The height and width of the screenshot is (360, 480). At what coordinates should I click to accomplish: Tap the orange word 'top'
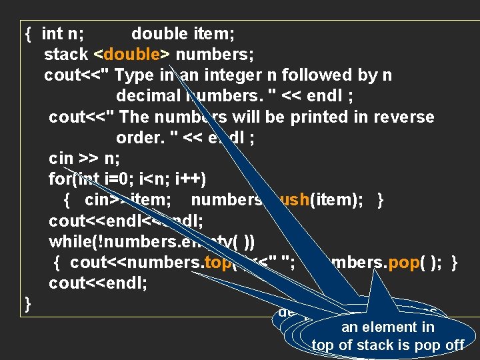pos(217,262)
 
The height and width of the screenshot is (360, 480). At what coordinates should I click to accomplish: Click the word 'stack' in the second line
pos(66,54)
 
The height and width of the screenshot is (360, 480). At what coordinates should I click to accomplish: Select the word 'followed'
pos(312,75)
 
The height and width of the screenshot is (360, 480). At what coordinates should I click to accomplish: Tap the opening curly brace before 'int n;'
pos(28,33)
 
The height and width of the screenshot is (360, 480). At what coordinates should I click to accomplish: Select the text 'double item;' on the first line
pos(182,33)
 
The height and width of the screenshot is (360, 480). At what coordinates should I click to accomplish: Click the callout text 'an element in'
pos(387,327)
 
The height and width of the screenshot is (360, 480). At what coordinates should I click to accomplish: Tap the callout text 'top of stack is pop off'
pos(387,345)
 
